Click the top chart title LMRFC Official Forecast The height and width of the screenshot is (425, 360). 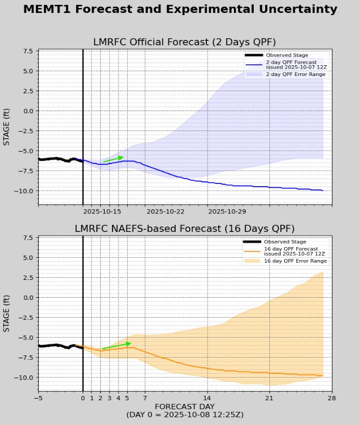click(184, 43)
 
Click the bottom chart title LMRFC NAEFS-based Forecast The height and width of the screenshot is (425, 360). click(184, 229)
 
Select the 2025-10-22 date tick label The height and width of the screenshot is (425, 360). click(165, 212)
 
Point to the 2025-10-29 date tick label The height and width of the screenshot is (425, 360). click(226, 212)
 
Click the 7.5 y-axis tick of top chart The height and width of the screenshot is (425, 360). click(27, 51)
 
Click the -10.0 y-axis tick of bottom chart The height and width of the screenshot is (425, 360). click(24, 377)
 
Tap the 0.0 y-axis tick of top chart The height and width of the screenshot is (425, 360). click(27, 111)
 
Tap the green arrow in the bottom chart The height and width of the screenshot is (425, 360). click(116, 345)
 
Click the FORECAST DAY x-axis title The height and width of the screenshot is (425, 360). click(184, 406)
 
